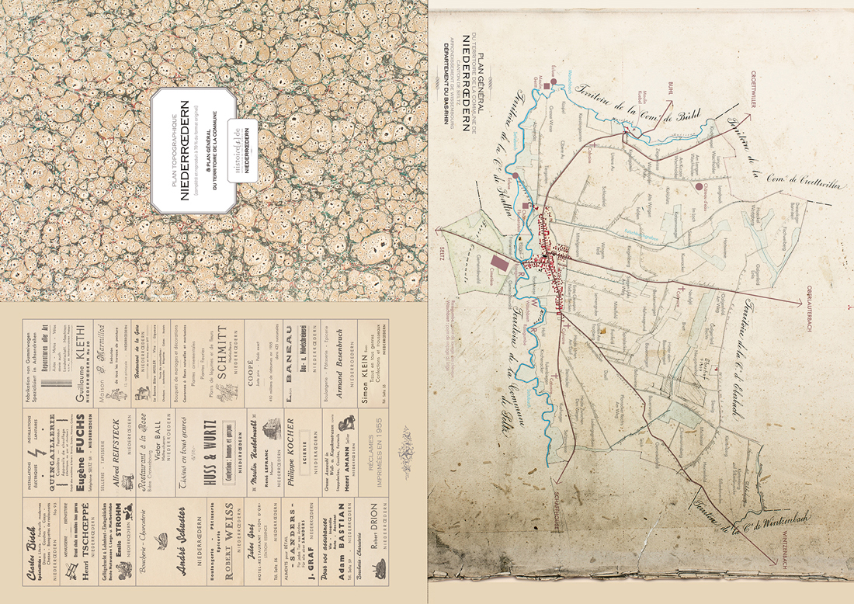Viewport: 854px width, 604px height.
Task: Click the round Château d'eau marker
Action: click(x=699, y=187)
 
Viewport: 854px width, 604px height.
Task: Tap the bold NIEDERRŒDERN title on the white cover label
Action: click(x=185, y=151)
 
